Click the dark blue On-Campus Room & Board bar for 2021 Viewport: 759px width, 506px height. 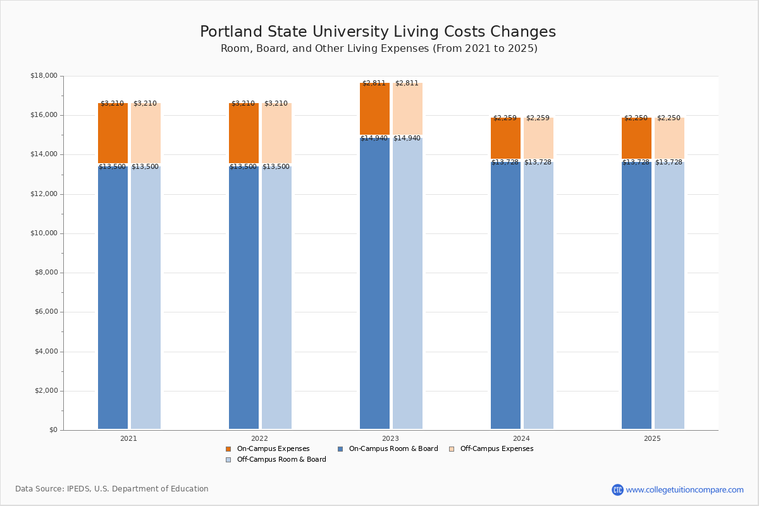[113, 297]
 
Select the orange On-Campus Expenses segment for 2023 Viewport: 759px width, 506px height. [374, 109]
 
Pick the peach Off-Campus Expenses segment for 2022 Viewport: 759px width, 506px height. [276, 133]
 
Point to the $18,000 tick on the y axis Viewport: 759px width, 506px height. [44, 76]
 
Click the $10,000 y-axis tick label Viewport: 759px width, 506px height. [44, 233]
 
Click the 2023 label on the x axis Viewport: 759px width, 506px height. [390, 438]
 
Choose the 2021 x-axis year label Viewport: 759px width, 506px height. [128, 438]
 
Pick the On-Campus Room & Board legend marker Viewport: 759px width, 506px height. [340, 449]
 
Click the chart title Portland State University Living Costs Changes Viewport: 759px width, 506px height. [378, 32]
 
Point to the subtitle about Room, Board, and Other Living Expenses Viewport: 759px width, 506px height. [379, 49]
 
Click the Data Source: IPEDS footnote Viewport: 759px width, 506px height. [112, 489]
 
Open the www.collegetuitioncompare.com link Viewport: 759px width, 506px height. [684, 490]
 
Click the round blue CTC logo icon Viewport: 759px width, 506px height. [617, 490]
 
